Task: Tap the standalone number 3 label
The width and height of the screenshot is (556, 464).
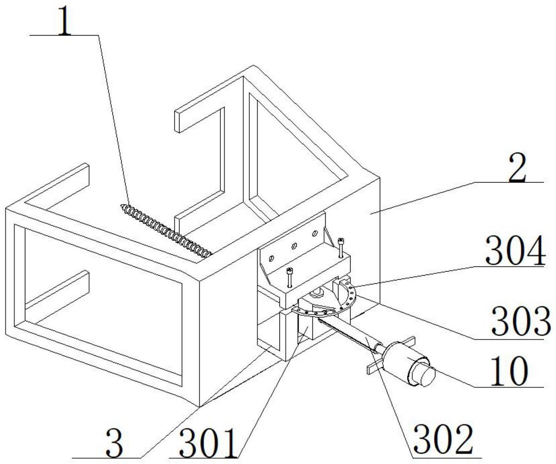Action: (x=115, y=444)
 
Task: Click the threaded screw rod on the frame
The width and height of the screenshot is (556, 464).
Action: (x=167, y=230)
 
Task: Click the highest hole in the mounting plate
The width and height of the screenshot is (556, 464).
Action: (x=314, y=233)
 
